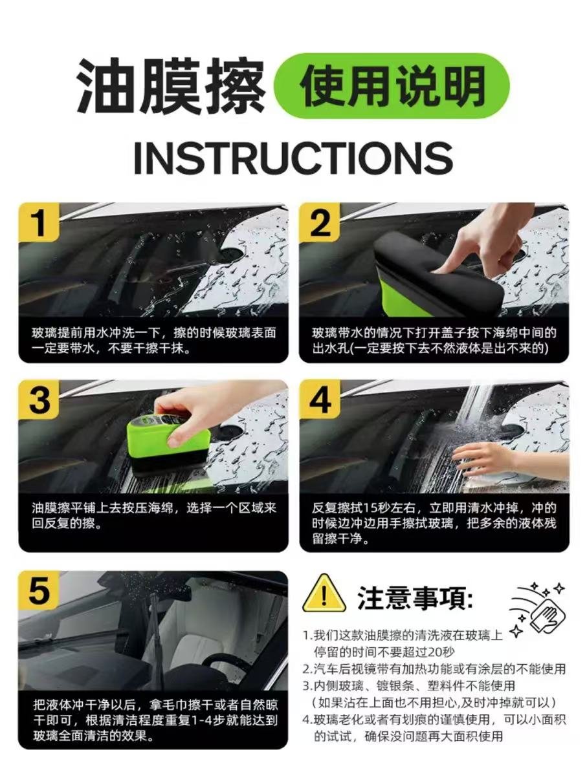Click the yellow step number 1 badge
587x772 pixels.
39,222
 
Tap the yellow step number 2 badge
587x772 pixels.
320,222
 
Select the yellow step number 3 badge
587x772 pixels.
39,399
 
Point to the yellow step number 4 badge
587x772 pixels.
320,399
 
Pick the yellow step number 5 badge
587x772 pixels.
39,590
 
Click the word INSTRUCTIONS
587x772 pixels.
293,158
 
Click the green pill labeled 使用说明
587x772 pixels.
392,86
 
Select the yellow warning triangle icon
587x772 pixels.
324,594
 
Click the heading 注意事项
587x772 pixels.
415,597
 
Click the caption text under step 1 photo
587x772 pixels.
154,340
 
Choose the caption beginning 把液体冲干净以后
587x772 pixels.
155,720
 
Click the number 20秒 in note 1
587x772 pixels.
441,652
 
